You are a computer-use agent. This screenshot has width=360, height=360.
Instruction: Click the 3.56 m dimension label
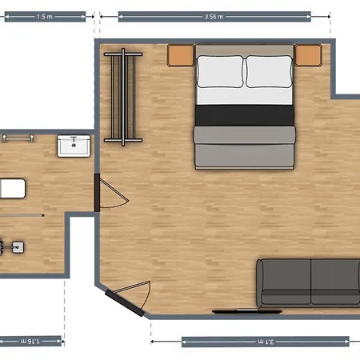(x=214, y=17)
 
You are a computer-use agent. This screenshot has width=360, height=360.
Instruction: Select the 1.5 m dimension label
(x=45, y=17)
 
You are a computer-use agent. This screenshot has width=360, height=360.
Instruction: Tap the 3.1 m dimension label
(x=266, y=342)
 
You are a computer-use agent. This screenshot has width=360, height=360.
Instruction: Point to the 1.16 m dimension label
(x=30, y=342)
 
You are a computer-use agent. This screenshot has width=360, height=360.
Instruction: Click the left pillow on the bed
(x=220, y=71)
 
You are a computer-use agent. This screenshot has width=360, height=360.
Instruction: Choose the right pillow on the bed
(x=269, y=71)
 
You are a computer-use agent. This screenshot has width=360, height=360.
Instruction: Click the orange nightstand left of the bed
(x=181, y=55)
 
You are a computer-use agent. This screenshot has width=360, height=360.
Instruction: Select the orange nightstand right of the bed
(x=308, y=55)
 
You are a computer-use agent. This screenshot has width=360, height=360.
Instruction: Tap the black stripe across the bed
(x=245, y=115)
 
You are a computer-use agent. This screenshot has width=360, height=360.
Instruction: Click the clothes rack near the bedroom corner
(x=123, y=97)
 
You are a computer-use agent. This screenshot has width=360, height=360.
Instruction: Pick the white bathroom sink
(x=74, y=146)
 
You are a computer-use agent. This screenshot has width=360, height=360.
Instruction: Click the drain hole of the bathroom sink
(x=74, y=146)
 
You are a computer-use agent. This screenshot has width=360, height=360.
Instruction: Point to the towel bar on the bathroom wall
(x=18, y=138)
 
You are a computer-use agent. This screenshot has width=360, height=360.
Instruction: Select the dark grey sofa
(x=308, y=283)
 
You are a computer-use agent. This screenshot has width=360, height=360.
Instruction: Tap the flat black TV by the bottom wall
(x=247, y=311)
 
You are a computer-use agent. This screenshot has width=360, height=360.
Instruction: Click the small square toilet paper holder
(x=18, y=247)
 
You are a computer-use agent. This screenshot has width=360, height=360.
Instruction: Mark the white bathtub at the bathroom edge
(x=13, y=189)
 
